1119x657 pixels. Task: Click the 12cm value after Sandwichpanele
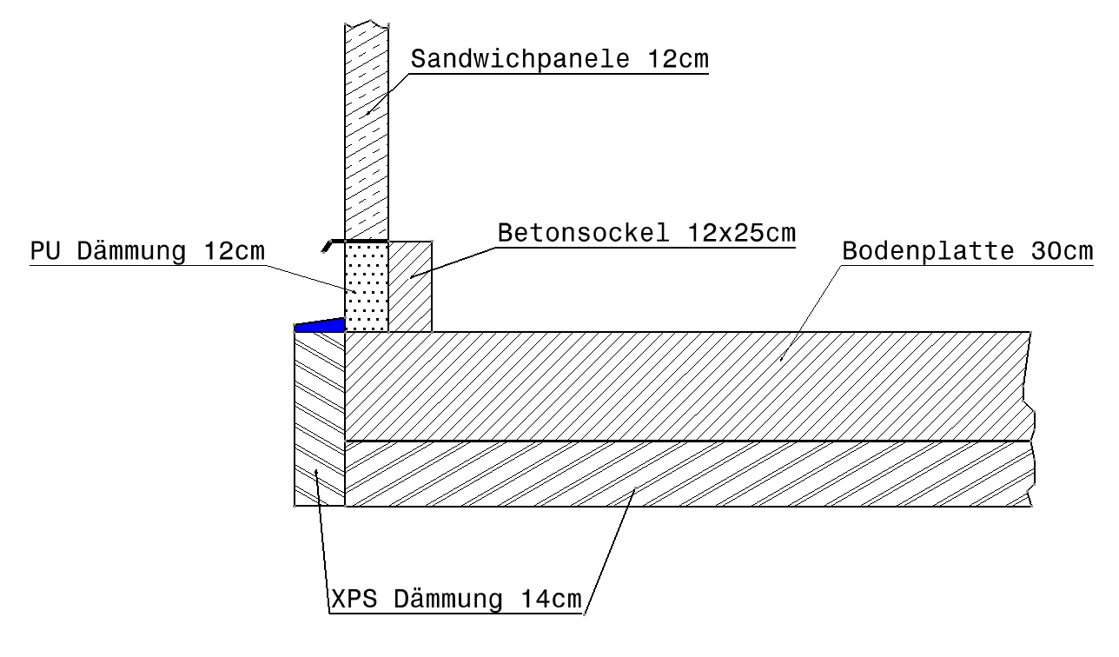(x=677, y=60)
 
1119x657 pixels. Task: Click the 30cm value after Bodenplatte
(x=1062, y=252)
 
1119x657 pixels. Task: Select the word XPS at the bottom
(x=351, y=601)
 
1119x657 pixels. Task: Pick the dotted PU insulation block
(x=366, y=287)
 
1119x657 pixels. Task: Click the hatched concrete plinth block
(x=410, y=287)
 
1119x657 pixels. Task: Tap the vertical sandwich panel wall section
(x=366, y=130)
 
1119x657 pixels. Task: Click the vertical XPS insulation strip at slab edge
(x=320, y=417)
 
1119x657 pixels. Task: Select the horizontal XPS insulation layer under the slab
(x=686, y=474)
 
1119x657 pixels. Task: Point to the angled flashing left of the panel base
(x=327, y=245)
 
